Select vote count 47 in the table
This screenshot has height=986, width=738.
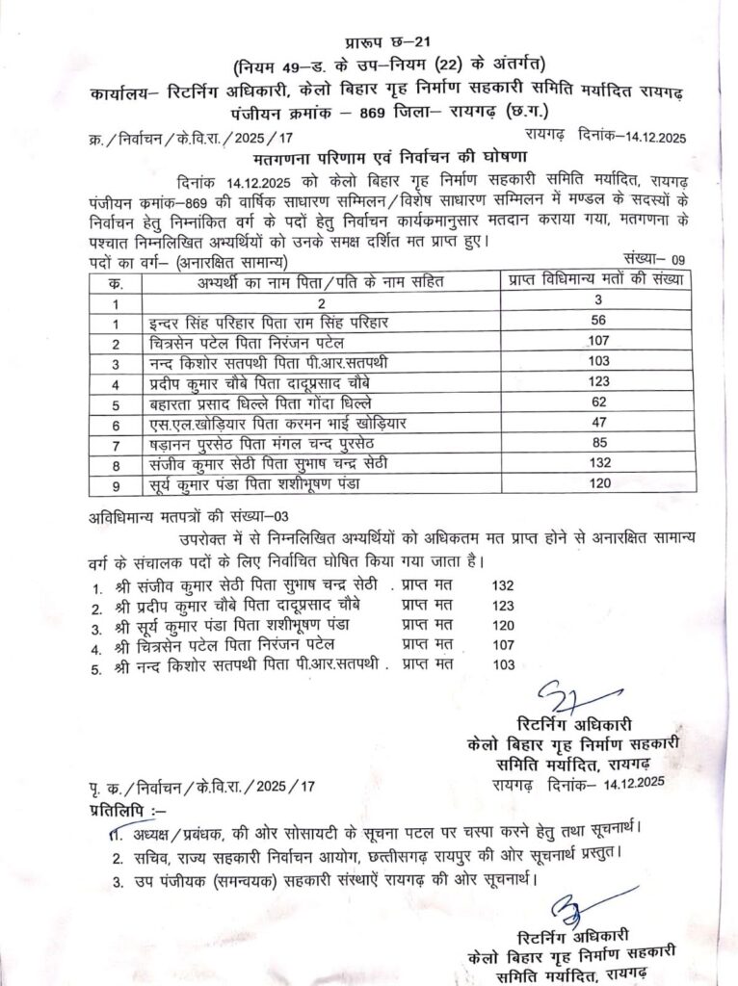click(596, 422)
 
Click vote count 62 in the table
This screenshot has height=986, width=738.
click(596, 402)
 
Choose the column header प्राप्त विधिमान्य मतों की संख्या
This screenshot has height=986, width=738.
click(595, 281)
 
